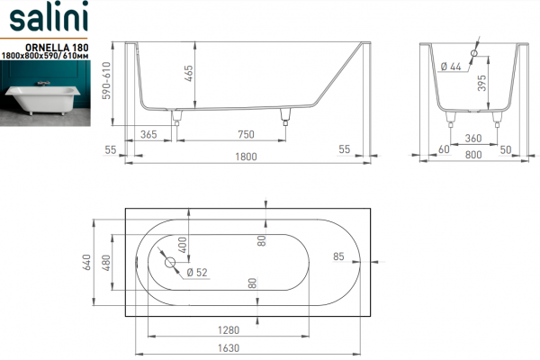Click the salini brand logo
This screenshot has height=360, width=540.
pos(49,16)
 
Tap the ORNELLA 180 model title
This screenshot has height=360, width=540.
pos(58,47)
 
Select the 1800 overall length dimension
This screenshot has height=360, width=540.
pos(246,157)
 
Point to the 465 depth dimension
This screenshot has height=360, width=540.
pos(189,74)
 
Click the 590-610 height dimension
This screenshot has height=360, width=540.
pos(106,80)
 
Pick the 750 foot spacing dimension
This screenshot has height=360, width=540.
pos(246,134)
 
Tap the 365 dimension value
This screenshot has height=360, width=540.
pos(148,134)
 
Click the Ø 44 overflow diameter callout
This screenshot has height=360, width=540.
pos(451,67)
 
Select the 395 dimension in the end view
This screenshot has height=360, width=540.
pos(482,83)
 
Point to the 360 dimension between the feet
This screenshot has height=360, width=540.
pos(473,139)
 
